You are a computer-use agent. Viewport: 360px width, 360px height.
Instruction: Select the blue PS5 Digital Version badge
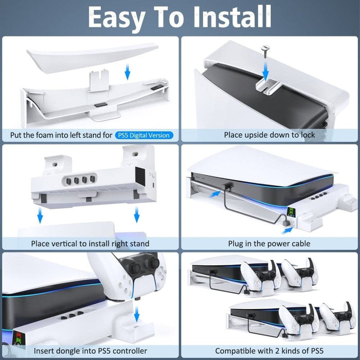(144, 135)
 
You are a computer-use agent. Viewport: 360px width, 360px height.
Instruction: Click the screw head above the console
(265, 50)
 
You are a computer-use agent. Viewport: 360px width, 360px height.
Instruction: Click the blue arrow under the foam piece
(128, 73)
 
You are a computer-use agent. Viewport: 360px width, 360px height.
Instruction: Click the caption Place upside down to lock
(269, 135)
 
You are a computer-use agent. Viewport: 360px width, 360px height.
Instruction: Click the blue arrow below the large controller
(137, 312)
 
